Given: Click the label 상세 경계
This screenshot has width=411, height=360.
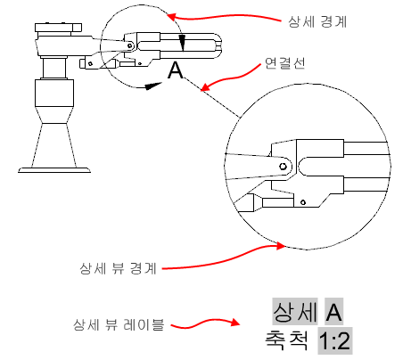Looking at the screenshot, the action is coord(317,21).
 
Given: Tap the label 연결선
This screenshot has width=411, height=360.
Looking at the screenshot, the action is coord(284,63).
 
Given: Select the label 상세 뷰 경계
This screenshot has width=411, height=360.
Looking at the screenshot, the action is coord(118,268).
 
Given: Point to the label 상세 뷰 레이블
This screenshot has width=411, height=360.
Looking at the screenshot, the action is coord(119,324).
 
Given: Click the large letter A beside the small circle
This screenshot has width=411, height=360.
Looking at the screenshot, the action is coord(176,70).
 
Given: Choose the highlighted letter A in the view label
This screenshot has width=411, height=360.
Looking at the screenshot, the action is coord(333,312).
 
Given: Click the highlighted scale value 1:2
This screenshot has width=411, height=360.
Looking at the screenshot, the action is coord(335,340).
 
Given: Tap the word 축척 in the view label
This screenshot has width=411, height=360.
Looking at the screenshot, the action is coord(286,340).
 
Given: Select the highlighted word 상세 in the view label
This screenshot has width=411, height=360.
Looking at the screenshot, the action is coord(295,312).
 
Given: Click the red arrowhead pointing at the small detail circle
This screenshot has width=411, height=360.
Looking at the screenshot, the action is coord(172,16).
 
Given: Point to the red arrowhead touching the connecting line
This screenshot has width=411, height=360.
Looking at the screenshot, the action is coord(206,86).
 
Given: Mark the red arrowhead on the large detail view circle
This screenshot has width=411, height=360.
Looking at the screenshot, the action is coord(280,246).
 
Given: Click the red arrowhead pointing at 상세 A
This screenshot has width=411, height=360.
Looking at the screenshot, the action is coord(234,323).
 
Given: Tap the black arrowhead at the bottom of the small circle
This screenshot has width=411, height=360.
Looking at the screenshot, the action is coord(153,86).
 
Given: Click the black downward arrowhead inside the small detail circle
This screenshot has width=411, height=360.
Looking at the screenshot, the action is coord(183,44).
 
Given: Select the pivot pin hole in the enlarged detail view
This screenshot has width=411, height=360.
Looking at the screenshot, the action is coord(283,167).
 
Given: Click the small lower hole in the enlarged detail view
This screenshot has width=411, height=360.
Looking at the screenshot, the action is coord(303,202).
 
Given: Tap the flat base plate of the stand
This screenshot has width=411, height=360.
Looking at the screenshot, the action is coord(54,170).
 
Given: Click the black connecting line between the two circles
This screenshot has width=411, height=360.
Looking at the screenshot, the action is coord(212,97).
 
